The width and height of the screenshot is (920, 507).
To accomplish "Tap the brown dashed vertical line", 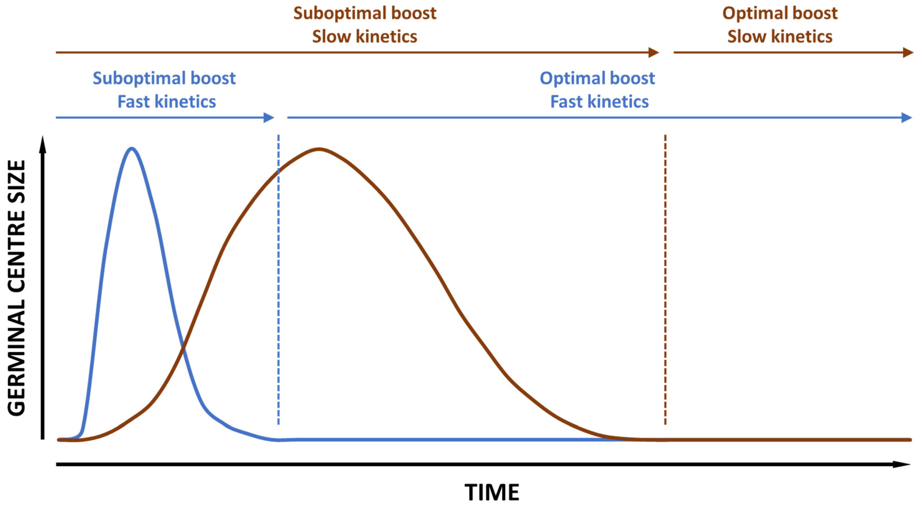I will pos(665,286).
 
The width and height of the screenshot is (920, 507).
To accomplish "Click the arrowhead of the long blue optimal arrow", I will pos(906,118).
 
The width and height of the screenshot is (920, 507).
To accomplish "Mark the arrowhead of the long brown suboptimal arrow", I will pos(654,53).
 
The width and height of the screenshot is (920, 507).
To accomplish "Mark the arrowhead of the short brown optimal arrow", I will pos(908,53).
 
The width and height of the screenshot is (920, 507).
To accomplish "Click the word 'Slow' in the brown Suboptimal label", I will pos(331,37).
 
